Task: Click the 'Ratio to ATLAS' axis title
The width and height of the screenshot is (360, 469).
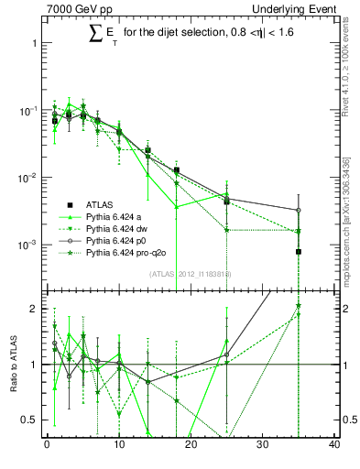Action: [12, 365]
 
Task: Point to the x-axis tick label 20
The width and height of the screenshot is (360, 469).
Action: [191, 444]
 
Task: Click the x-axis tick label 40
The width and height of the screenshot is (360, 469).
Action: [333, 444]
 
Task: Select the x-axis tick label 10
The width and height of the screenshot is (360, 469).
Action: [118, 444]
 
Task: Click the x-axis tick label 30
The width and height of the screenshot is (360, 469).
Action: [262, 444]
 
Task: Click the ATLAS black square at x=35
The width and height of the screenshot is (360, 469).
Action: [299, 251]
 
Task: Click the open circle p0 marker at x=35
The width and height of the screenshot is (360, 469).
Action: [299, 210]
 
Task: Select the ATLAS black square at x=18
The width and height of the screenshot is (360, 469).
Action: [177, 170]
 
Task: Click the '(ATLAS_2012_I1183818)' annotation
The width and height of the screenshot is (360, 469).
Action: [191, 274]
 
